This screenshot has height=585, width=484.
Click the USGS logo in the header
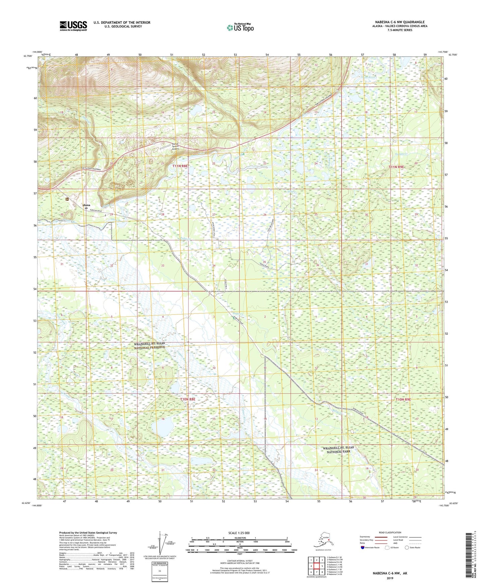point(73,26)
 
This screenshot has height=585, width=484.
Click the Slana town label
point(86,205)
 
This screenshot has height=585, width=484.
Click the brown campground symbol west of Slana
point(67,199)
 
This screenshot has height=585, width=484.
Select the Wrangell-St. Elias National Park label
point(338,450)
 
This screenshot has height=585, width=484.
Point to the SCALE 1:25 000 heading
point(239,533)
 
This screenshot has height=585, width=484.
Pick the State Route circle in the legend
point(407,547)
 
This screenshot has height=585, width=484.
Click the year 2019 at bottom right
point(390,578)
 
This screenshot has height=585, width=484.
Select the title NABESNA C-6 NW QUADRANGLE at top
point(400,22)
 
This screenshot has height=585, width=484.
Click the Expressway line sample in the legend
point(381,537)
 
